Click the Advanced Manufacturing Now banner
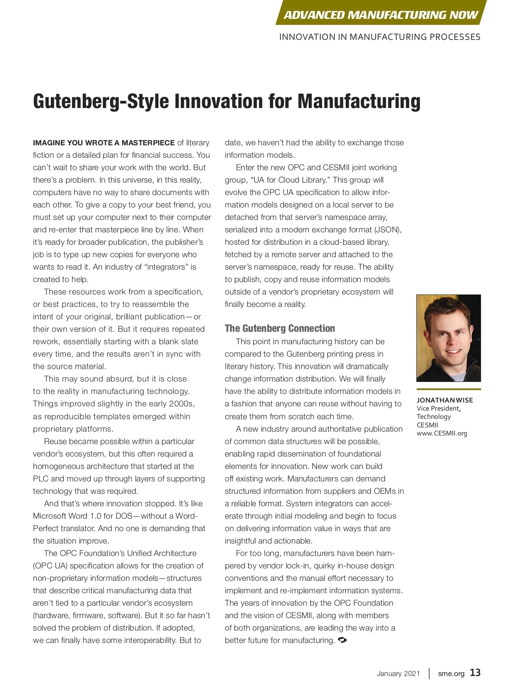click(x=380, y=15)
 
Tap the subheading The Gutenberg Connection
click(x=280, y=328)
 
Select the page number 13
click(x=475, y=673)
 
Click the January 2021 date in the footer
click(x=398, y=673)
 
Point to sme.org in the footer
click(x=451, y=673)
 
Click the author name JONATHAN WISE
click(x=445, y=400)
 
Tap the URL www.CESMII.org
click(x=442, y=433)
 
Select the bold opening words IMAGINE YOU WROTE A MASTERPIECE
click(x=104, y=143)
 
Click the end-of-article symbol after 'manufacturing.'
click(x=342, y=640)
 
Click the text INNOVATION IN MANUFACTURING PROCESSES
click(x=380, y=37)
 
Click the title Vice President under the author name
click(x=438, y=408)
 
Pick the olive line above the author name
click(x=448, y=389)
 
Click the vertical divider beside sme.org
click(x=429, y=673)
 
